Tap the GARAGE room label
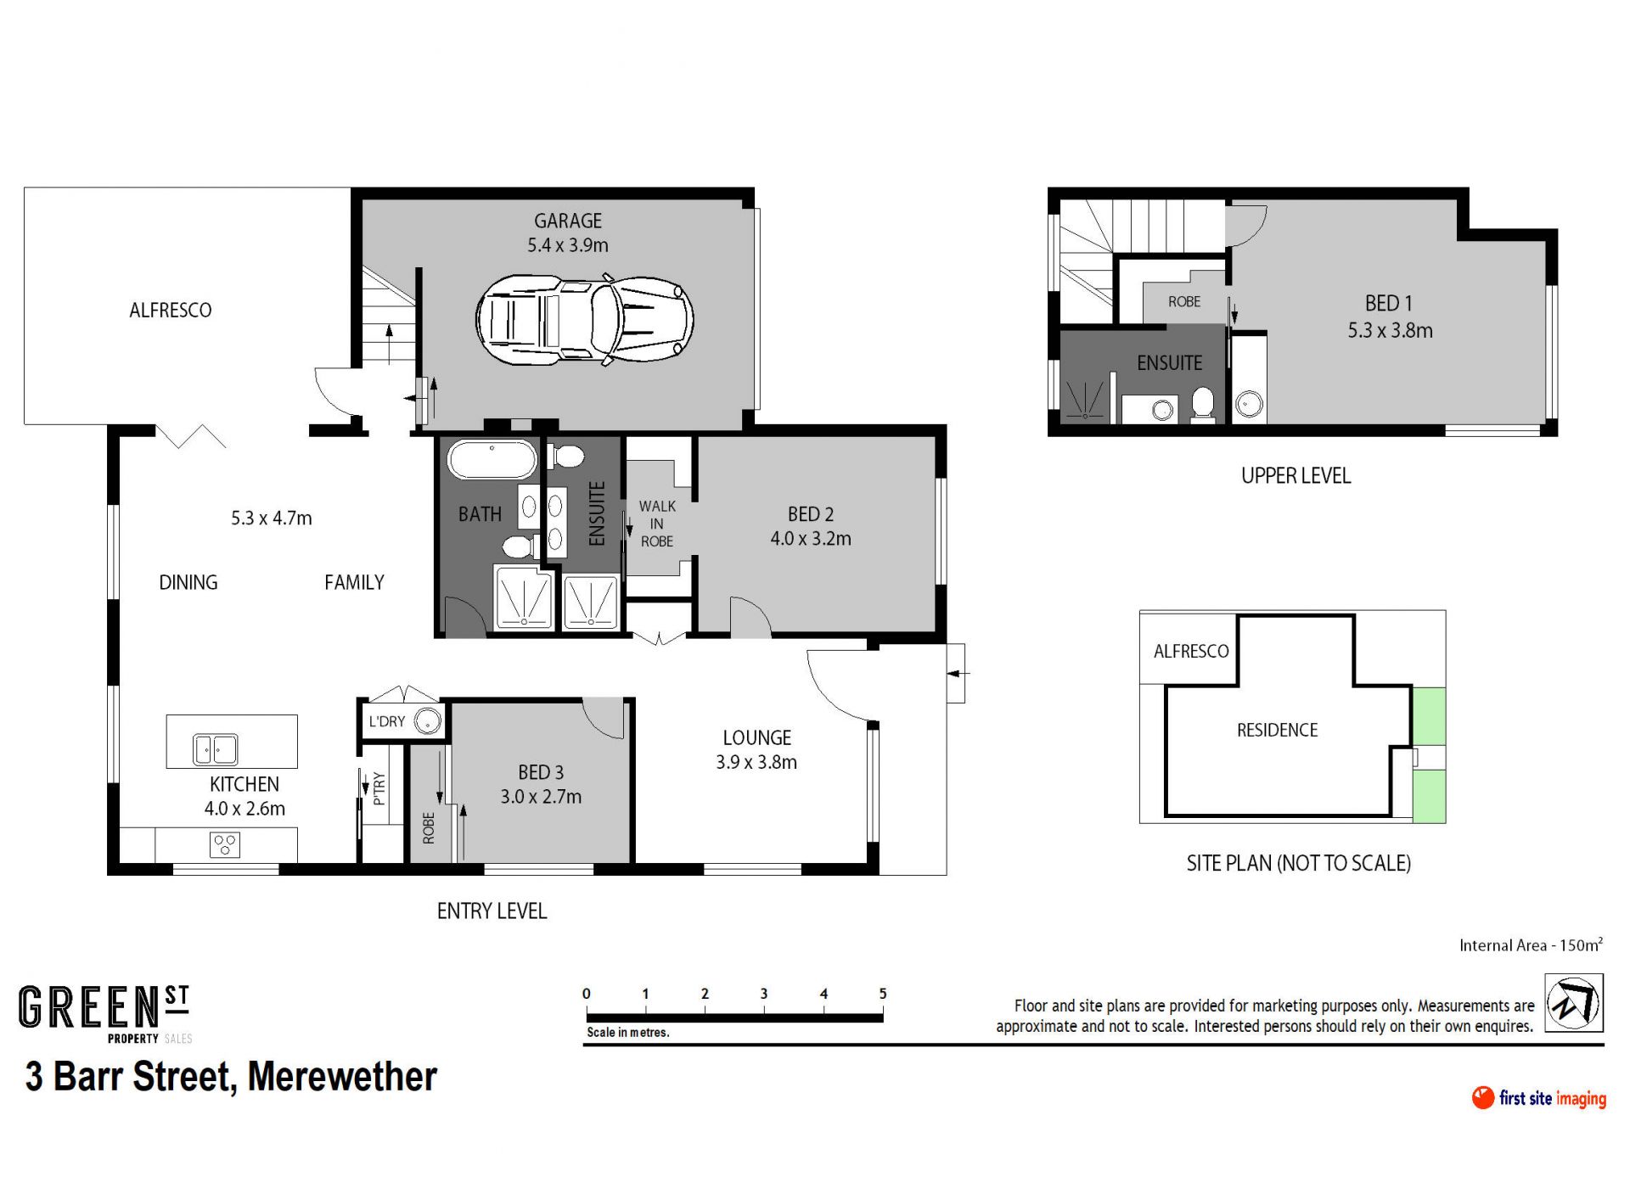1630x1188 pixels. [x=568, y=221]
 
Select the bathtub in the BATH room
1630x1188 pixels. [x=492, y=460]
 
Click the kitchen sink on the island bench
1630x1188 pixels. [x=215, y=749]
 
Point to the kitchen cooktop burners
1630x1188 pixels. [x=225, y=844]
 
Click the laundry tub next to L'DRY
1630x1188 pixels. [x=428, y=721]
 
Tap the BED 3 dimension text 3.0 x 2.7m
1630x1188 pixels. [x=541, y=797]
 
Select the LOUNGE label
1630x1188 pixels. [x=756, y=738]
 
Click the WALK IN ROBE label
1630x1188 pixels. [x=657, y=524]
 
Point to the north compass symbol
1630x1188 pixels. [x=1573, y=1003]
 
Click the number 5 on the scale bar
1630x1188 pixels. [x=883, y=994]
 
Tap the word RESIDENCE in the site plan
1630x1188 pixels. [x=1277, y=730]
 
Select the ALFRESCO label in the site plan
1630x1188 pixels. [x=1191, y=651]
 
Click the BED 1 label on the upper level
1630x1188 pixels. [x=1389, y=303]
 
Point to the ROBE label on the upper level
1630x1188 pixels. [x=1184, y=301]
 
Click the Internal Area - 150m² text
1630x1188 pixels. [x=1532, y=944]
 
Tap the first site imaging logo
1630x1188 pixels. [x=1539, y=1098]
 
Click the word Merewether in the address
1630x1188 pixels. [x=342, y=1077]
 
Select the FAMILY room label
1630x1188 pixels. [x=354, y=582]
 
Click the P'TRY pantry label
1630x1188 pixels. [x=379, y=788]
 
